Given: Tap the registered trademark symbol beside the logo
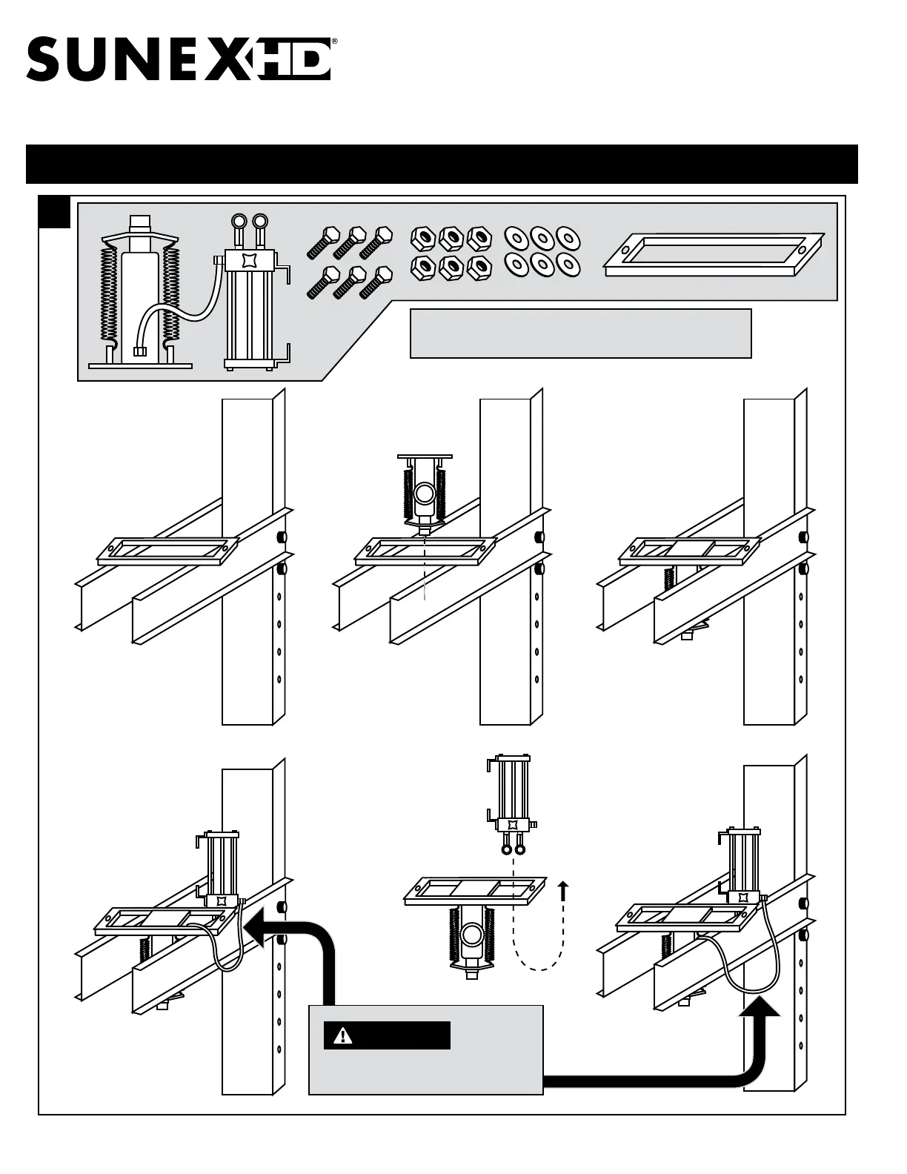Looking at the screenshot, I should [334, 43].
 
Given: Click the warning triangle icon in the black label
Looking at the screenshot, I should [342, 1035].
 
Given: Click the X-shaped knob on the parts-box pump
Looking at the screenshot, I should [248, 262].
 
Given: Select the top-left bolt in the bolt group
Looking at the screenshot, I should [322, 242].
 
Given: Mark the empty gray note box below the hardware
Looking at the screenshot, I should [580, 333].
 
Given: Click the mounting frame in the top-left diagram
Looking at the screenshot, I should [167, 551].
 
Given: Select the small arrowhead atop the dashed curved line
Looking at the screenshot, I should [564, 886].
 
